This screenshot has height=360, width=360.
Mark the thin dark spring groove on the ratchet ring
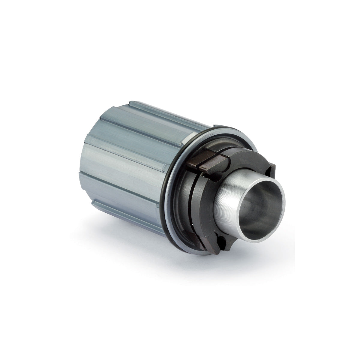[192, 195]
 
